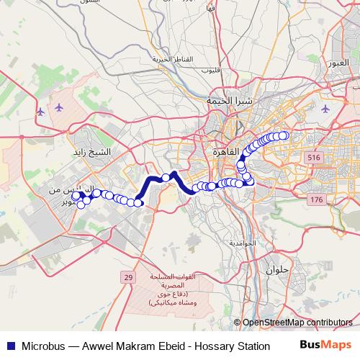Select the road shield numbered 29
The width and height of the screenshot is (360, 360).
pos(128,277)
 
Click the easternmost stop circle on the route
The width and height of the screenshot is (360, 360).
pos(284,135)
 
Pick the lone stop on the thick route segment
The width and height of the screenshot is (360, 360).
pos(166,177)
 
